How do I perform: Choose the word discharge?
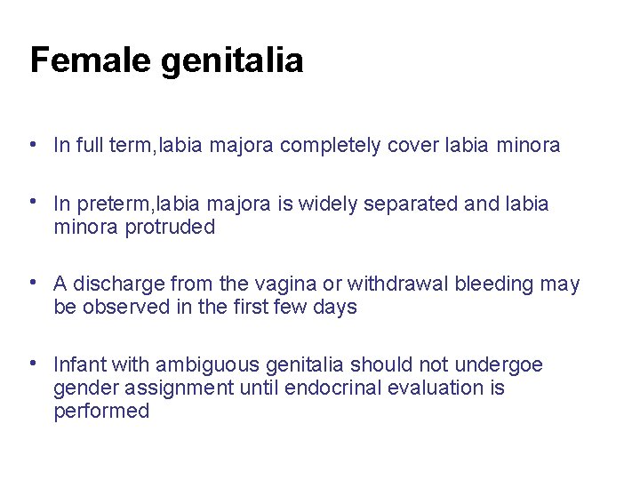pos(117,284)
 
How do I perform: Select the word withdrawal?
pos(400,284)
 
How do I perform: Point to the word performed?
pos(101,412)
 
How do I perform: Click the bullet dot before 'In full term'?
pos(32,144)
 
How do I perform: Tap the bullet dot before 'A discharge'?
pos(32,283)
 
